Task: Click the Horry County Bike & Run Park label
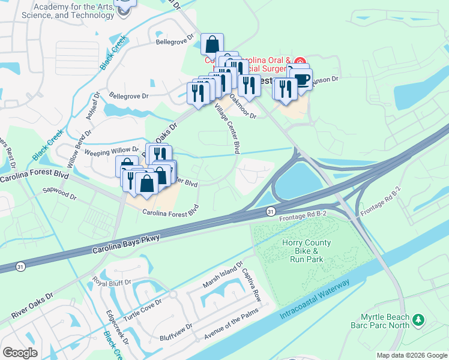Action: (303, 251)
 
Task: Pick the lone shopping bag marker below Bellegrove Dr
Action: (212, 43)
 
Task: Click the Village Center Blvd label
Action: (231, 127)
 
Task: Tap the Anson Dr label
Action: (328, 79)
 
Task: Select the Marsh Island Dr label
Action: (222, 274)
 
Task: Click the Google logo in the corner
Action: (20, 353)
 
